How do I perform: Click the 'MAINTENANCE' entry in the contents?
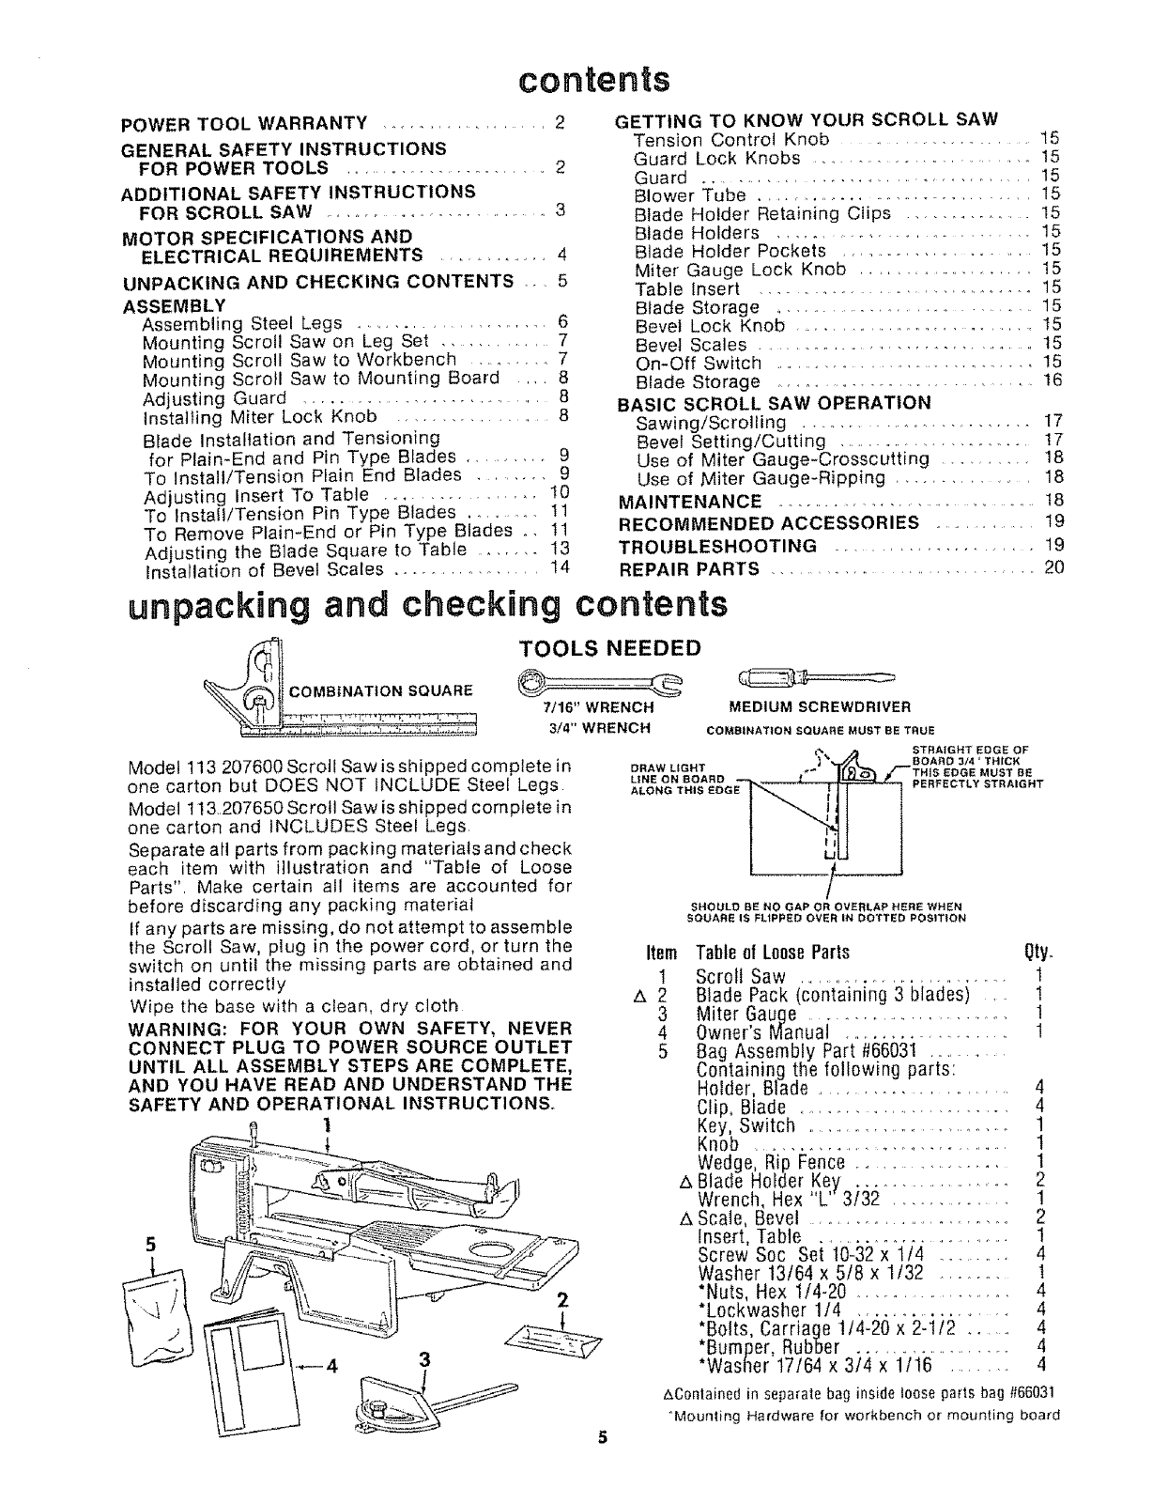(690, 503)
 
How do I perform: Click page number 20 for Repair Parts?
(1053, 568)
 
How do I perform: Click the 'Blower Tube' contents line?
(690, 195)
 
